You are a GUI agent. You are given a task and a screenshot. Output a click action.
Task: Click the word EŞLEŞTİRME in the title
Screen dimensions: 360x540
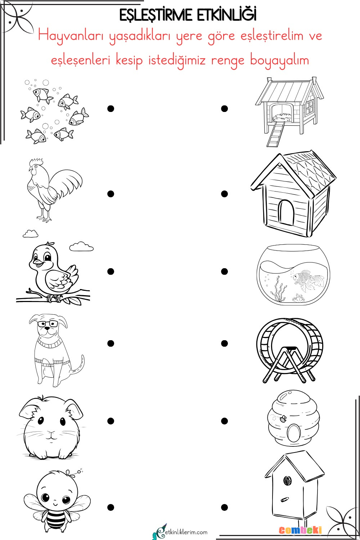tap(156, 15)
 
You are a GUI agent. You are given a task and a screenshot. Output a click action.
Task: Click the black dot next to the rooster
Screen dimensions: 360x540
tap(111, 194)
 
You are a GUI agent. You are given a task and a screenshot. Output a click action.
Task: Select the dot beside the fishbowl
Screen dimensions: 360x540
tap(224, 271)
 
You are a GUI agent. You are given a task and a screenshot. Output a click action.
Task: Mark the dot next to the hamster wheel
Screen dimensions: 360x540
tap(224, 343)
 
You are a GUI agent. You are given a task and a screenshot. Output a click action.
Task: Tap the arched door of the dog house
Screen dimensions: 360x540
tap(287, 212)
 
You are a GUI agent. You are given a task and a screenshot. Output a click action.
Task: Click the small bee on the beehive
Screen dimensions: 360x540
tap(283, 419)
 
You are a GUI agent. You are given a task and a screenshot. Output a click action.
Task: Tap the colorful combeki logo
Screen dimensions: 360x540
tap(300, 530)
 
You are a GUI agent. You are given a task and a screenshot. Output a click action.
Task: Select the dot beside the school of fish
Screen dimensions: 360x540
tap(111, 109)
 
